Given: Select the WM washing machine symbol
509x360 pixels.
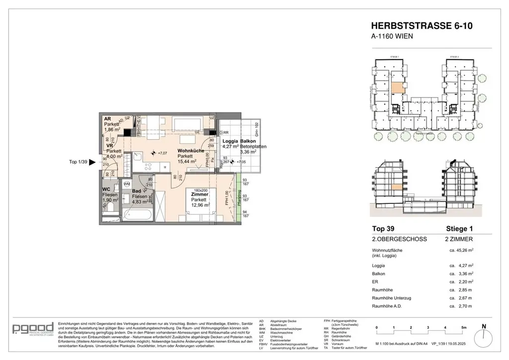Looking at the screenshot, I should [127, 184].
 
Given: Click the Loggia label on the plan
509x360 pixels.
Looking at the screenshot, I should [230, 141].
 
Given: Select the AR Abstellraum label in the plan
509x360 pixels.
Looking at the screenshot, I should [107, 119].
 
